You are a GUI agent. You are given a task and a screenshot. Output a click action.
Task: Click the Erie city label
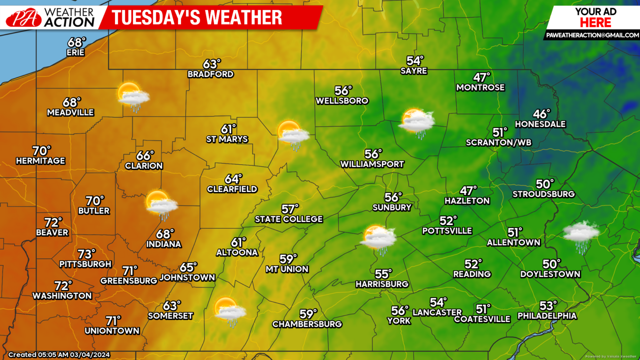pos(75,52)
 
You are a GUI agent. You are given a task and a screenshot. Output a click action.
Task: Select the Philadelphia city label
pos(547,316)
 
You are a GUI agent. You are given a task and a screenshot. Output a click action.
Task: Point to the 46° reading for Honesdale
pos(542,114)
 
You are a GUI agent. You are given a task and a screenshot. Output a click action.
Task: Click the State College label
pos(289,219)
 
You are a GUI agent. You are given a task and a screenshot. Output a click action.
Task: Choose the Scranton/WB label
pos(499,142)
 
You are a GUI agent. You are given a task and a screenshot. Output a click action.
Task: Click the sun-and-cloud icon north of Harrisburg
pos(379,239)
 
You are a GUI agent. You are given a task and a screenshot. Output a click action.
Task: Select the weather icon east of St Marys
pos(293,135)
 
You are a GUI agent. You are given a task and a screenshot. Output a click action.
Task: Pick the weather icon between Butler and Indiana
pos(161,205)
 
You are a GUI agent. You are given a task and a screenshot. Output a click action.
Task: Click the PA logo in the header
pos(24,18)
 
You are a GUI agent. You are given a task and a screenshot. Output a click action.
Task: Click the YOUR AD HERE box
pos(596,17)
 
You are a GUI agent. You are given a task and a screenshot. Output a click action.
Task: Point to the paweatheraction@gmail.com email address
pos(592,35)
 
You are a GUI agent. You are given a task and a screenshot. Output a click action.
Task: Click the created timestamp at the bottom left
pos(59,355)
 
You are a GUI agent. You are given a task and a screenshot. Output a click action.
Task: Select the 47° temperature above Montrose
pos(482,77)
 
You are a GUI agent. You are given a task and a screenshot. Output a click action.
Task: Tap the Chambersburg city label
pos(307,324)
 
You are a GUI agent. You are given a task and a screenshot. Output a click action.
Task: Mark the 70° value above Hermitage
pos(42,150)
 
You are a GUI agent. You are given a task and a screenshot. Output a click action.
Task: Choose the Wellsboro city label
pos(342,101)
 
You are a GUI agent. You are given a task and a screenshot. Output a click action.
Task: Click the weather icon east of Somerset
pos(230,311)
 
